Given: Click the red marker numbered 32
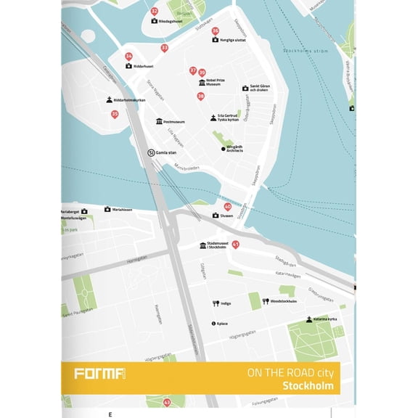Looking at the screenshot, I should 154,12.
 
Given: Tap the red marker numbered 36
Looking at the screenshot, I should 216,30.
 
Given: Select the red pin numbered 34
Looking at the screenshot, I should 128,57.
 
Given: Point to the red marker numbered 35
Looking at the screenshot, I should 115,114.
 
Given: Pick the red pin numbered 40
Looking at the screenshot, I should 227,207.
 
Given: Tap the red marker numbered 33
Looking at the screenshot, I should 165,48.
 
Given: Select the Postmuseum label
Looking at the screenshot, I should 174,122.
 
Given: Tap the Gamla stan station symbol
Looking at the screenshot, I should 151,153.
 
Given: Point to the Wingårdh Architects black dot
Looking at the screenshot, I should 224,149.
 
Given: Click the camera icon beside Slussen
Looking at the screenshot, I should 216,216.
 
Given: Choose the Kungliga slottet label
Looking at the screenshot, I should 234,40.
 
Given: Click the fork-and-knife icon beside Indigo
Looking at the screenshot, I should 216,303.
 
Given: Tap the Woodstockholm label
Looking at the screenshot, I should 284,301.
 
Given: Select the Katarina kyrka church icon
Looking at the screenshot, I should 308,319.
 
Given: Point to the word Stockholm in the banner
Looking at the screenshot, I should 308,386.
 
